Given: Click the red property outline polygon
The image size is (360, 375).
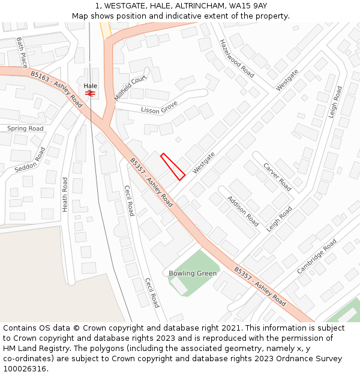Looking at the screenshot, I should pos(173,167).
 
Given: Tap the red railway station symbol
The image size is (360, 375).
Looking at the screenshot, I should pos(90,93).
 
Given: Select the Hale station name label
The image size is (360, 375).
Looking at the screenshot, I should pos(90,86).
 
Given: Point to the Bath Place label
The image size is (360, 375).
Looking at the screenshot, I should pos(22,52).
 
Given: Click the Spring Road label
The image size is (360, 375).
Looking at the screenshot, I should pos(25,128).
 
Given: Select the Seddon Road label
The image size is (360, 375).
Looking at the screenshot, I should pos(30,160).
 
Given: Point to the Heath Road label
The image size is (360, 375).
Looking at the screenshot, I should pos(65,194).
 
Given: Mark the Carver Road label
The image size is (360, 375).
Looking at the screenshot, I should pos(277,176).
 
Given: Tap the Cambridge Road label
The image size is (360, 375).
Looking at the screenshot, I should pos(317,257).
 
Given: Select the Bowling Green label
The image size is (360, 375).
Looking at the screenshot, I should pos(192,274).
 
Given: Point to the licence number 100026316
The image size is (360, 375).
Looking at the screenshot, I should pos(26,369).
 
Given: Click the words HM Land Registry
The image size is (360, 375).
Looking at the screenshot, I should pos(31,349).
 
